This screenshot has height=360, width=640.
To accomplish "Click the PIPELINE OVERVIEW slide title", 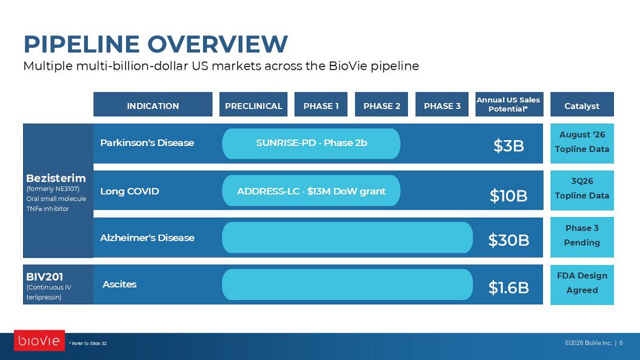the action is (x=156, y=44).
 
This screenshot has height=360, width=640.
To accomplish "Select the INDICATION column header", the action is (x=153, y=104).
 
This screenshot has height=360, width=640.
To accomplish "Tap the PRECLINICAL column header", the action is (x=253, y=104).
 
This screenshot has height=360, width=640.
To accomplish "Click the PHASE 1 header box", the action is (x=321, y=104).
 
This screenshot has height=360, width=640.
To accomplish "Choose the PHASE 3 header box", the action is (x=442, y=104).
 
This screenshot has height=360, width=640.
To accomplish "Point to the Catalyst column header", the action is (x=582, y=104).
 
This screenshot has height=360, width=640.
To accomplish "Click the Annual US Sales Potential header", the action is (x=509, y=104).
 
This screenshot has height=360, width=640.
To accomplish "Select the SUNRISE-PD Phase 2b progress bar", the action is (x=311, y=144).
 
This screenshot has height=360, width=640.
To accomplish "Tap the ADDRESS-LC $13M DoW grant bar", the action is (x=311, y=191).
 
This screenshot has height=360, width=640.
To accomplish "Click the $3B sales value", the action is (x=508, y=145).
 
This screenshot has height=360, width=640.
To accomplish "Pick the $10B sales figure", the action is (x=508, y=196).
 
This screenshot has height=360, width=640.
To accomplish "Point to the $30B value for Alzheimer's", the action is (x=508, y=241).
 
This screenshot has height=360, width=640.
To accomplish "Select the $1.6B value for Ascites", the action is (x=508, y=288).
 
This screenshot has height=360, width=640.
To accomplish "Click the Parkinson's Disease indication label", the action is (x=147, y=143).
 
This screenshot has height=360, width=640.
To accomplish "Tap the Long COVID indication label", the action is (x=129, y=191).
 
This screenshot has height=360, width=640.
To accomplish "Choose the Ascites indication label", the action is (x=119, y=284).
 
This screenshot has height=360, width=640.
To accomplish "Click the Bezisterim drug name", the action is (x=56, y=178).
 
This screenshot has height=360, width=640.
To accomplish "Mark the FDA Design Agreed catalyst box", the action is (x=582, y=284).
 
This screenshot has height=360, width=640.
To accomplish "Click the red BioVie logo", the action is (x=39, y=341).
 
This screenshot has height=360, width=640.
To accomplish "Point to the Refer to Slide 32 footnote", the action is (x=88, y=343).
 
